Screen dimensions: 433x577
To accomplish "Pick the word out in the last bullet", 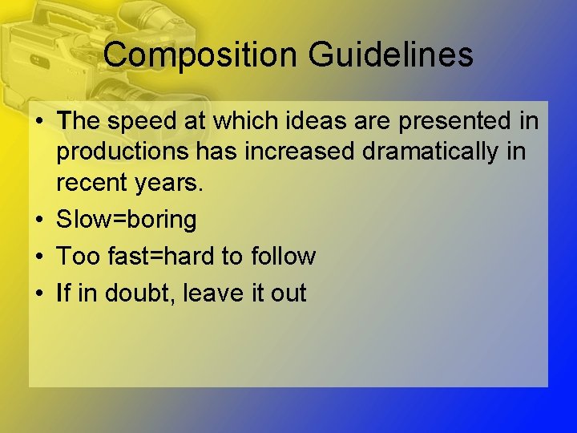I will point(288,293).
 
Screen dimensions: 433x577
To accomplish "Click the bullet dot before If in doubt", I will point(39,293).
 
